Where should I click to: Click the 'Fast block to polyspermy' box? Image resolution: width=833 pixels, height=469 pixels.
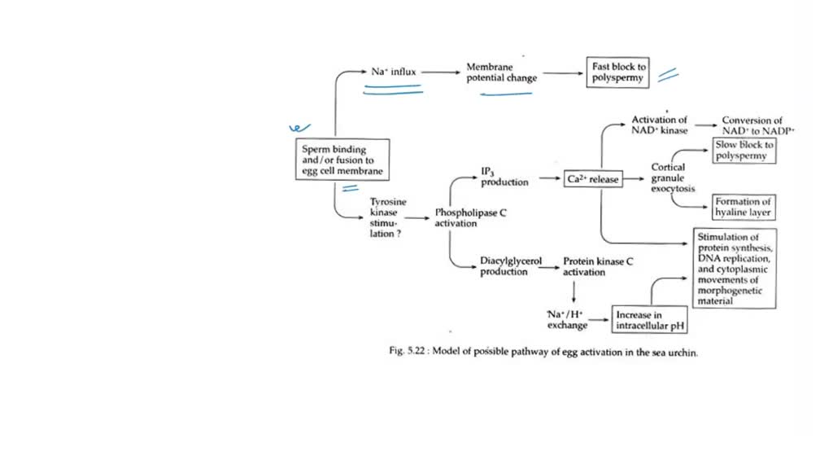[617, 72]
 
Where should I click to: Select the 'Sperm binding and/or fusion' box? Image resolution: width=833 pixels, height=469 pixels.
[342, 160]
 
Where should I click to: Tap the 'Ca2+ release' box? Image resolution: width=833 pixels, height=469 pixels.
[592, 179]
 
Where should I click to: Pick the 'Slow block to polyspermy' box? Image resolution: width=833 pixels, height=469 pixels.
[744, 150]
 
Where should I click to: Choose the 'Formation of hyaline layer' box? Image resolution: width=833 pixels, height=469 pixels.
[743, 207]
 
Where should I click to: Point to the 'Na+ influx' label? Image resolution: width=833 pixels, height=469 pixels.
[394, 72]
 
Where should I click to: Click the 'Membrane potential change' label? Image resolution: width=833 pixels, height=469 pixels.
[501, 72]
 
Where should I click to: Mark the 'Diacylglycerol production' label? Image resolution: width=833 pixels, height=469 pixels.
[510, 266]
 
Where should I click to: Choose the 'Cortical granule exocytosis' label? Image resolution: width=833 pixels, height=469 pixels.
[674, 178]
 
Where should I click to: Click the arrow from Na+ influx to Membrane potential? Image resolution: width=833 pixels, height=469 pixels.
[441, 72]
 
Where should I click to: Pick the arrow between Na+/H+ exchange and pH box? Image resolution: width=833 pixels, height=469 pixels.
[600, 320]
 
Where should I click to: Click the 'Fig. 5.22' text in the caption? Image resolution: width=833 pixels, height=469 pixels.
[404, 353]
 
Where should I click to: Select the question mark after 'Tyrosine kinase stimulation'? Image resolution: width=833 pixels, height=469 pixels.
[399, 234]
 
